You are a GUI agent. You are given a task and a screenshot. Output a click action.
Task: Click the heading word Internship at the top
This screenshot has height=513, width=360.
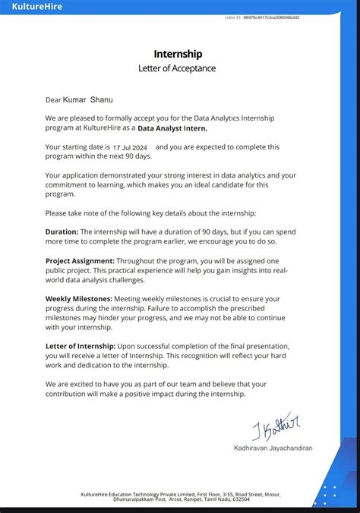tap(178, 54)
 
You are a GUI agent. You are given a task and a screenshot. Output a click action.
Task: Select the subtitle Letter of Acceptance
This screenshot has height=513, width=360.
tap(177, 68)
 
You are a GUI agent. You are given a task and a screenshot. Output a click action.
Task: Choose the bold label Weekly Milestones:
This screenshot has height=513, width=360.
tap(79, 298)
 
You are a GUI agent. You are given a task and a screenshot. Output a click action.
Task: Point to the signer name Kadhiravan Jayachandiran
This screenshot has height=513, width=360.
tap(273, 448)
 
